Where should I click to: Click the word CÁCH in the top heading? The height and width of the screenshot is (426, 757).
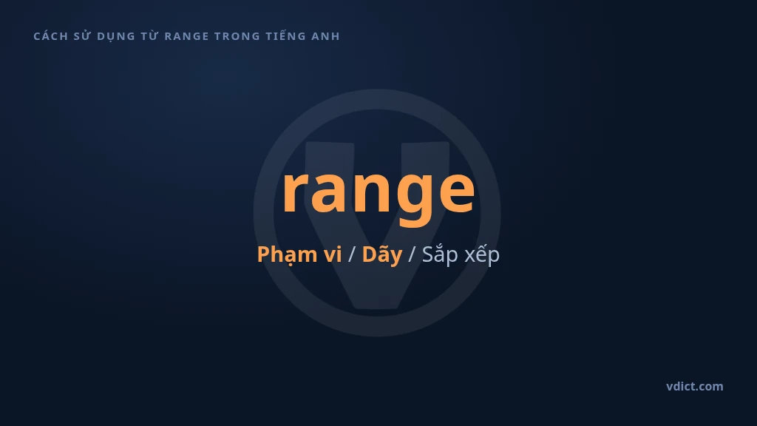pos(51,36)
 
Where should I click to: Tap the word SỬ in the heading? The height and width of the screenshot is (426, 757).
pos(83,35)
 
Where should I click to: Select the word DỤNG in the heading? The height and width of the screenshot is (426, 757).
pos(116,37)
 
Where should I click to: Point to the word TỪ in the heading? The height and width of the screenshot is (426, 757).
pos(149,35)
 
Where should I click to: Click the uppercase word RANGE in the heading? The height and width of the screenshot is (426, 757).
pos(187,36)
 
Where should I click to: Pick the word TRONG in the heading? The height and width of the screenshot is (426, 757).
pos(237,36)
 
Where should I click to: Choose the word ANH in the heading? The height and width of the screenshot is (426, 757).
pos(326,36)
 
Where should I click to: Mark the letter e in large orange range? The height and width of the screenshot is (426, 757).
pos(455,192)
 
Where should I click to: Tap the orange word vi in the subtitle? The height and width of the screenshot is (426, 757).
pos(333,254)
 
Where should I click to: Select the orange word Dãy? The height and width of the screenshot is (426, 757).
pos(382,254)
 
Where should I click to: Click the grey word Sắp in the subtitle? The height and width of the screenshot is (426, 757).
pos(440,255)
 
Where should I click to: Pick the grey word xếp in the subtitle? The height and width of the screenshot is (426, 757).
pos(481,255)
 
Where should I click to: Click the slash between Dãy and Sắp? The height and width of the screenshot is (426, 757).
pos(412,255)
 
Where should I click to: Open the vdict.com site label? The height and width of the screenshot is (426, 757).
pos(695,386)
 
